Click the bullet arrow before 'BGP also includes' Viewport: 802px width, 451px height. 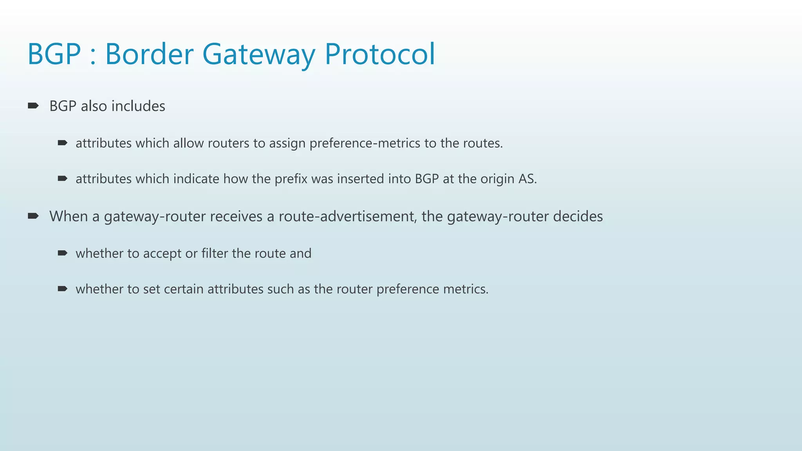coord(33,106)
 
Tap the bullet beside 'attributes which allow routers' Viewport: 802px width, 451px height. coord(62,143)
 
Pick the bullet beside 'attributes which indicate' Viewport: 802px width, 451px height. coord(62,179)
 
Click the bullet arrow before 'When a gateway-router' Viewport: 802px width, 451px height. coord(33,216)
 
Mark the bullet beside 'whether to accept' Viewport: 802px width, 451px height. coord(62,253)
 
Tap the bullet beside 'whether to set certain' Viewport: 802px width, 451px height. coord(62,289)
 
